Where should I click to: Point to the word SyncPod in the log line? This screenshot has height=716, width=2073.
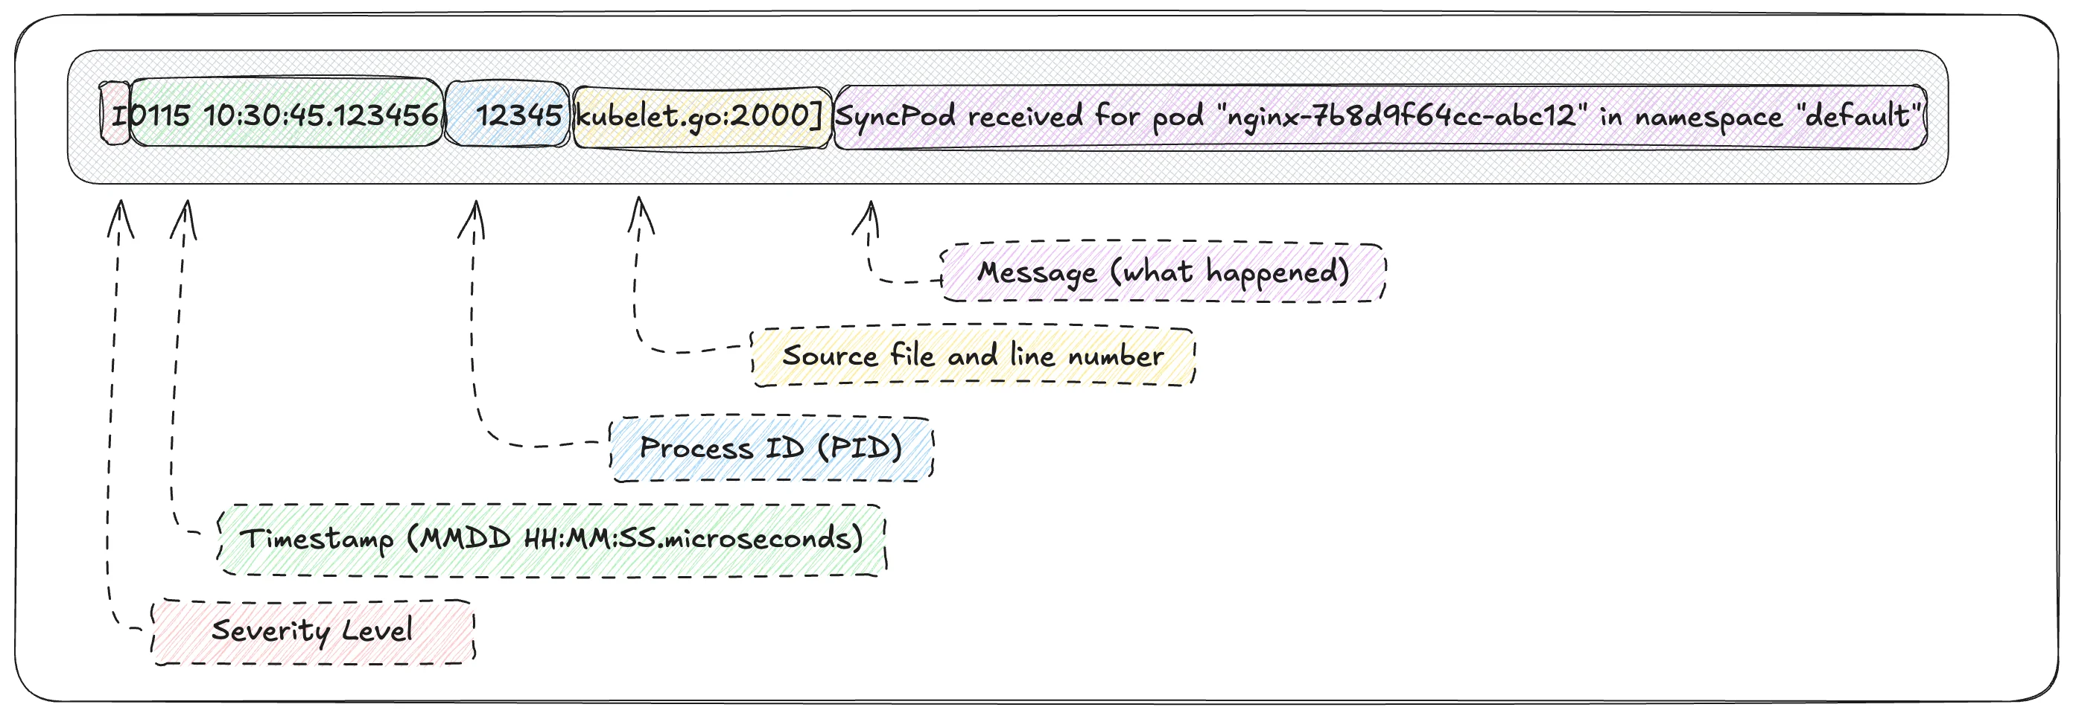895,117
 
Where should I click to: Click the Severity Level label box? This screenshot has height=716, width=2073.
312,632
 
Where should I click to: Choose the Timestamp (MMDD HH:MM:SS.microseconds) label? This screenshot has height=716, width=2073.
551,539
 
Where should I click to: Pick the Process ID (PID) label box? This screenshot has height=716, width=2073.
771,448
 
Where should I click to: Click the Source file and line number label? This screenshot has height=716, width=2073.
973,356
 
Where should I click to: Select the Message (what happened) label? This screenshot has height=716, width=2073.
1163,272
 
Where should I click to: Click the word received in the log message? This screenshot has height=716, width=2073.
1024,117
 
